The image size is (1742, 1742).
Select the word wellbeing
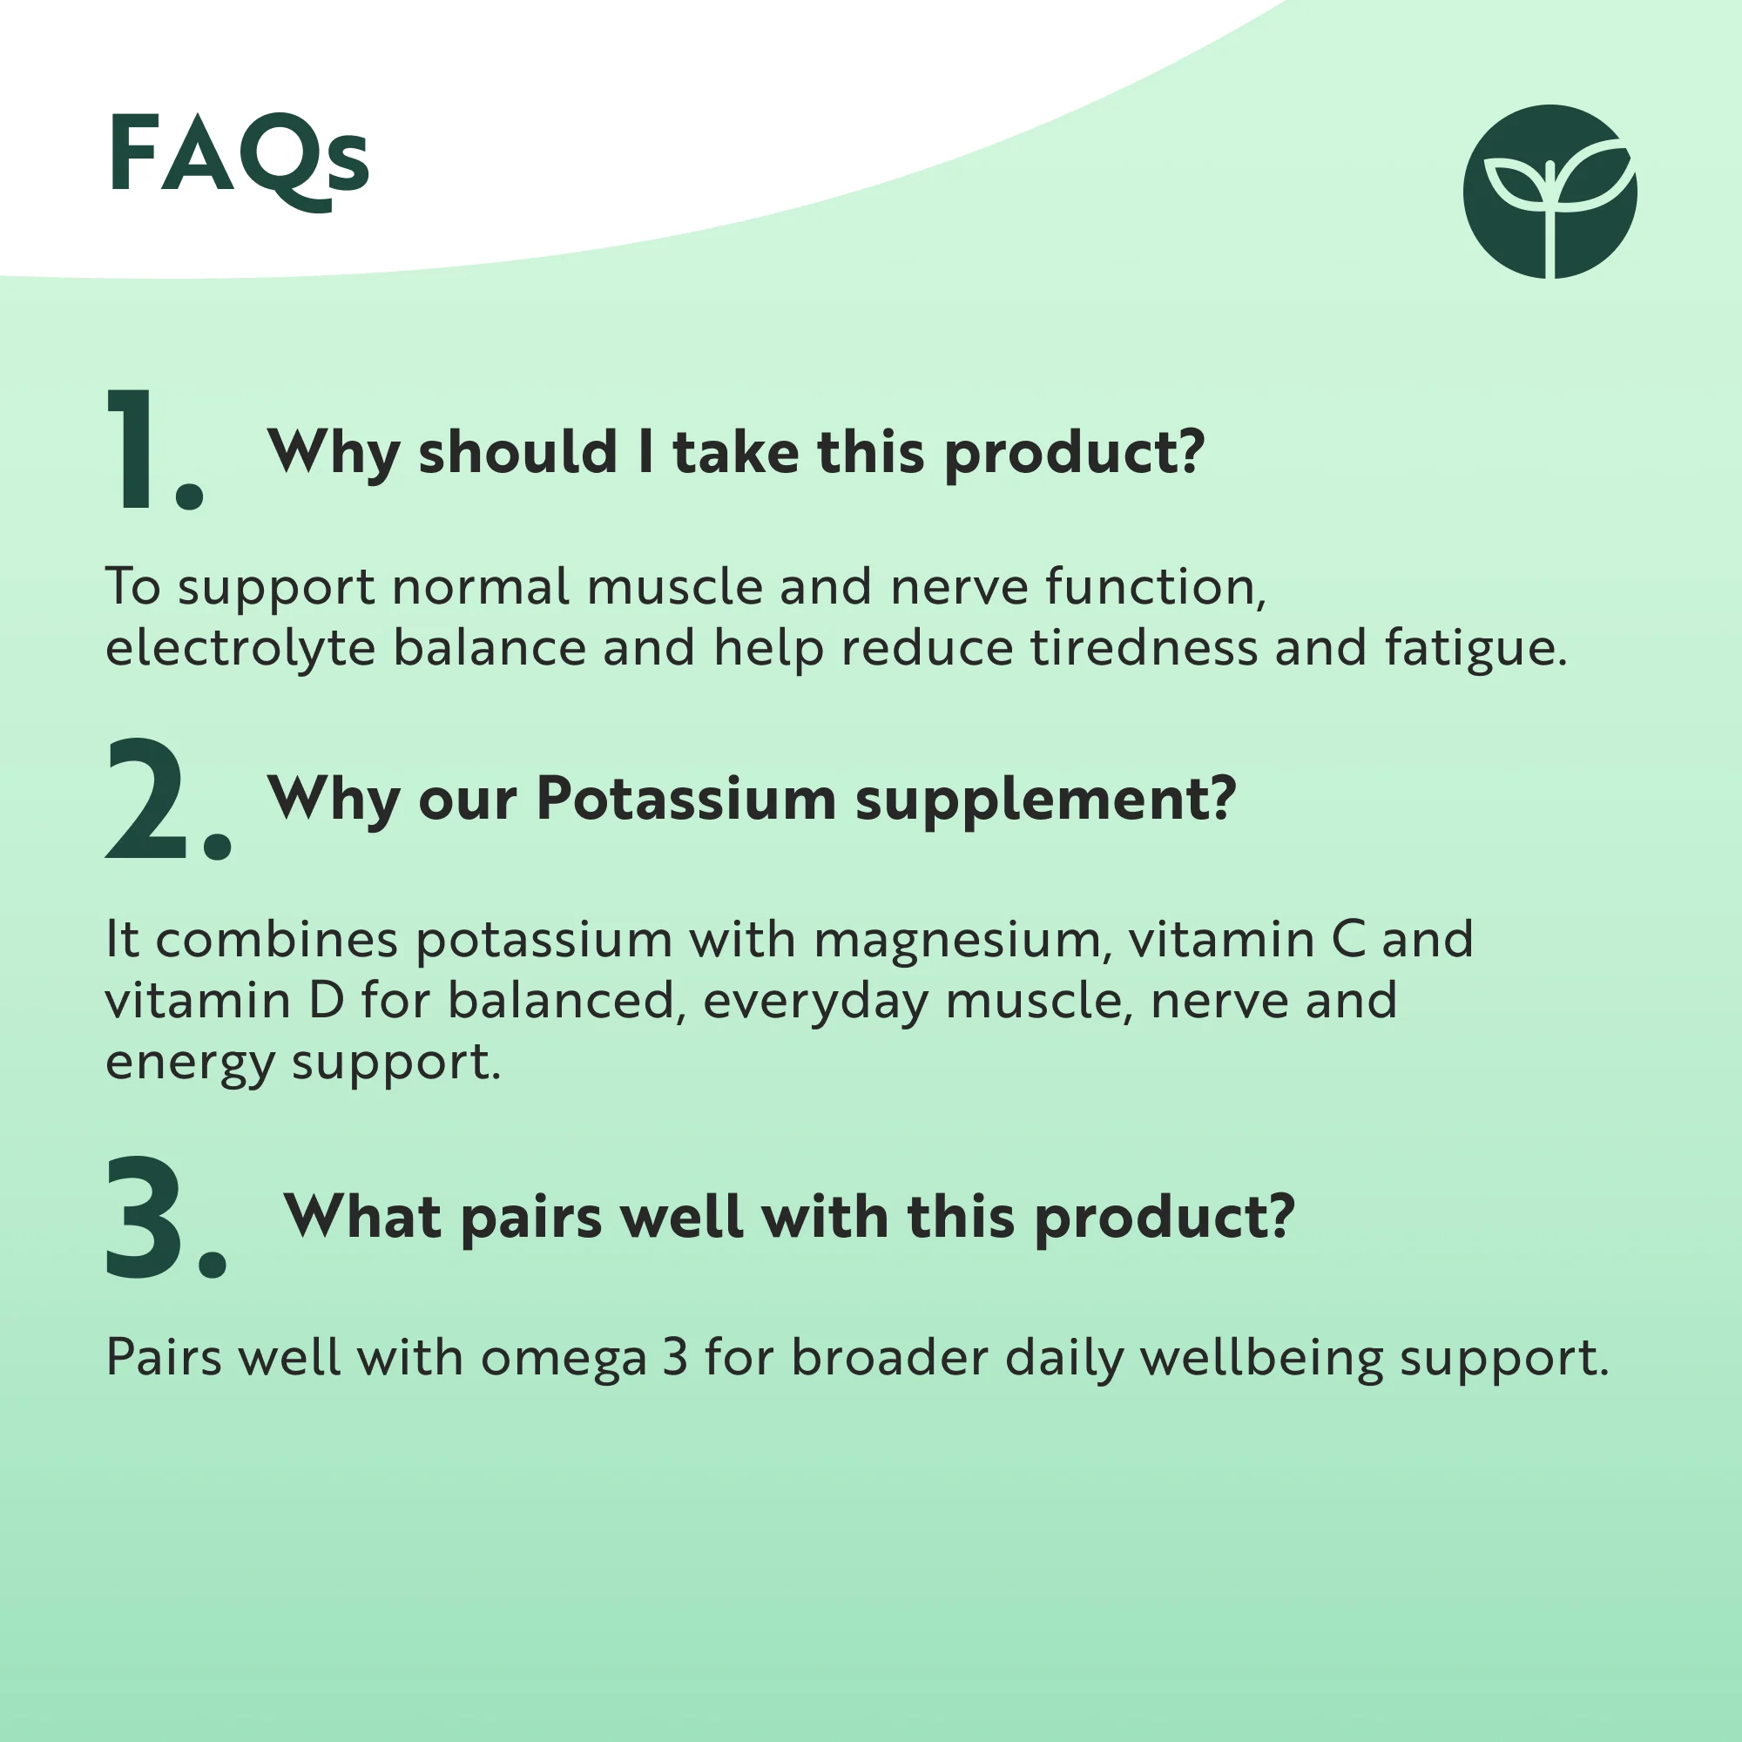(x=1262, y=1359)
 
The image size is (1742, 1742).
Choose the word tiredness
(x=1144, y=647)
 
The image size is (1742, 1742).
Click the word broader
(x=890, y=1358)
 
